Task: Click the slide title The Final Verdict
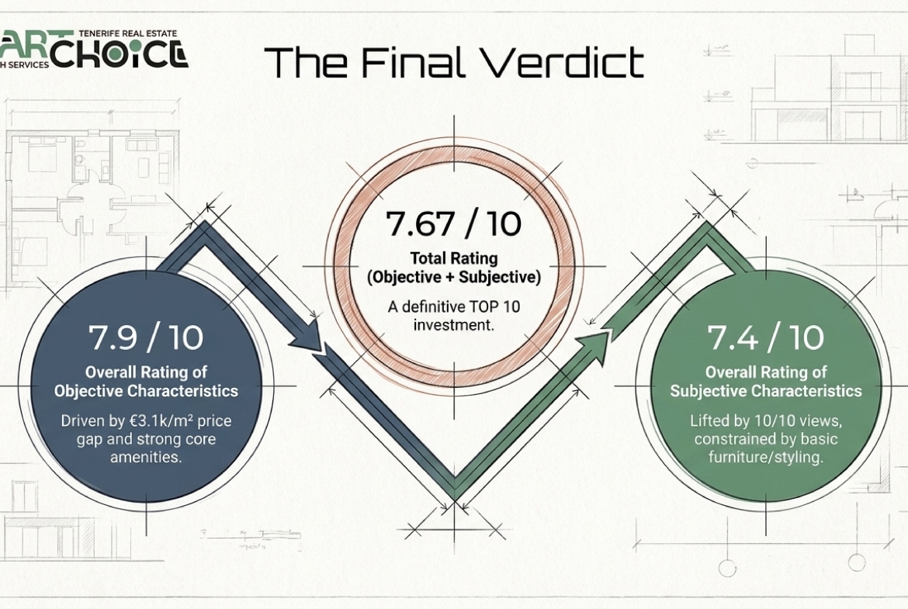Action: (x=454, y=62)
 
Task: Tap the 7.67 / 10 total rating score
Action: (x=453, y=224)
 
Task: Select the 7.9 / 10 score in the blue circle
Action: (x=146, y=337)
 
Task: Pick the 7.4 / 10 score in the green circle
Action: (x=765, y=337)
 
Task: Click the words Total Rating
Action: (x=453, y=258)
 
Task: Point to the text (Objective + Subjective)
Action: (x=453, y=277)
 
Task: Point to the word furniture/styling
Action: (x=764, y=457)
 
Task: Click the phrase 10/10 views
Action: (x=791, y=420)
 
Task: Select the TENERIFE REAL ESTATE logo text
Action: (x=126, y=34)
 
